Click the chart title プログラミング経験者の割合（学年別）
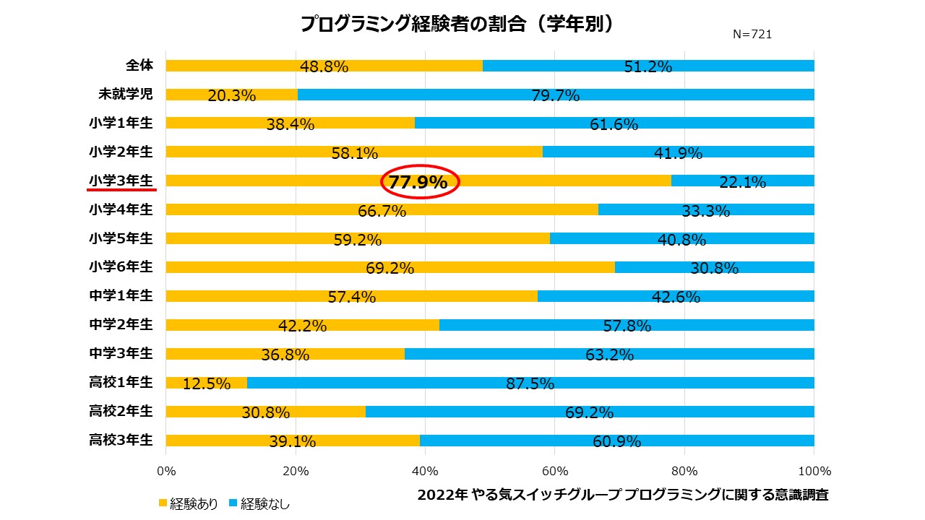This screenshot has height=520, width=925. tap(457, 24)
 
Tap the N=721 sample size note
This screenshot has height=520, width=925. tap(752, 34)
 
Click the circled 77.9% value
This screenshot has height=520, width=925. tap(418, 183)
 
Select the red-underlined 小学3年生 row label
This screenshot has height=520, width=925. tap(121, 180)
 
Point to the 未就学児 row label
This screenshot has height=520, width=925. tap(126, 94)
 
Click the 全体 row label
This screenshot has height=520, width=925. tap(139, 65)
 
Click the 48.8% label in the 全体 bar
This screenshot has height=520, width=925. tap(324, 67)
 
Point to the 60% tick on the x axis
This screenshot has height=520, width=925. tap(554, 472)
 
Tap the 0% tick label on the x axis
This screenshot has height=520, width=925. tap(166, 472)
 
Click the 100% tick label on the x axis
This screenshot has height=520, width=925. tap(814, 472)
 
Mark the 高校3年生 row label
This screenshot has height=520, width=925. tap(121, 440)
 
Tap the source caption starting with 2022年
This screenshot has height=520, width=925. tap(623, 495)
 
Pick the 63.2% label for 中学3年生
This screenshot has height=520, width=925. tap(610, 355)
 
